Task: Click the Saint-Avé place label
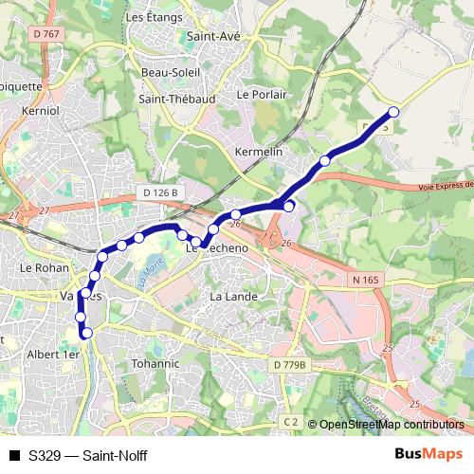[x=212, y=37]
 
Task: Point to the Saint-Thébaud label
[x=176, y=99]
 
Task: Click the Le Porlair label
[x=261, y=95]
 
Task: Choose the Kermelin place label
[x=258, y=153]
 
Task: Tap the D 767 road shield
[x=45, y=34]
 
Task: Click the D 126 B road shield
[x=161, y=192]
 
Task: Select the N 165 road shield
[x=365, y=279]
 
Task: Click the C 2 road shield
[x=290, y=421]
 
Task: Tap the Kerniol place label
[x=40, y=111]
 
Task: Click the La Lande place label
[x=228, y=297]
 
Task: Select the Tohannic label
[x=155, y=363]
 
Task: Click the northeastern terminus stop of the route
[x=393, y=113]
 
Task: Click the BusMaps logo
[x=429, y=454]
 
